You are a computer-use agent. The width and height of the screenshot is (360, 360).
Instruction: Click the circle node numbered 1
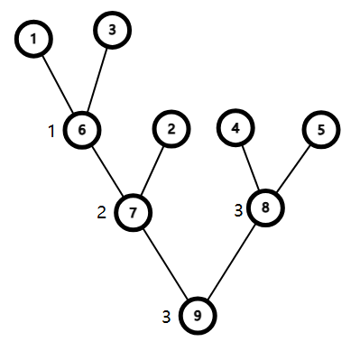pyautogui.click(x=34, y=40)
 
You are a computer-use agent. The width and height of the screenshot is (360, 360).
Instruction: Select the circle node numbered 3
pyautogui.click(x=112, y=30)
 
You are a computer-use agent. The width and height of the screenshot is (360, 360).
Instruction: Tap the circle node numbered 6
pyautogui.click(x=82, y=129)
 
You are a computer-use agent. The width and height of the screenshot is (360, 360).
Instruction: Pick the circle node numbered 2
pyautogui.click(x=171, y=129)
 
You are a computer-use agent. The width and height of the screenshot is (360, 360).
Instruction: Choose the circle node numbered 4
pyautogui.click(x=235, y=129)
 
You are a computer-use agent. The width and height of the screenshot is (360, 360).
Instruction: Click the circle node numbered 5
pyautogui.click(x=320, y=129)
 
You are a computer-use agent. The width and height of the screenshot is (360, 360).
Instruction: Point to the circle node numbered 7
pyautogui.click(x=134, y=212)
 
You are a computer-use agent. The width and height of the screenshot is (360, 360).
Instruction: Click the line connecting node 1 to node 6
pyautogui.click(x=58, y=84)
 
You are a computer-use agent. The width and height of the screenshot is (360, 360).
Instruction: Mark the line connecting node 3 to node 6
pyautogui.click(x=97, y=78)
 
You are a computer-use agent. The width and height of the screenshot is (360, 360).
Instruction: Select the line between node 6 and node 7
pyautogui.click(x=107, y=171)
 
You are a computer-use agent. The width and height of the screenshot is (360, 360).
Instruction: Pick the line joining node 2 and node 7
pyautogui.click(x=152, y=170)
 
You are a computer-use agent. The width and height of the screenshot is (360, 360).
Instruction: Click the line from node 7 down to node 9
pyautogui.click(x=166, y=264)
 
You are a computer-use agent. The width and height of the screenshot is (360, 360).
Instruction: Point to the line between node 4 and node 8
pyautogui.click(x=250, y=168)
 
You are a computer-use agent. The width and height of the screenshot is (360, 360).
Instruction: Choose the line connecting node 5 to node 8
pyautogui.click(x=293, y=168)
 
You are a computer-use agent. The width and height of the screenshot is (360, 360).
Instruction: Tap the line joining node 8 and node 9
pyautogui.click(x=232, y=262)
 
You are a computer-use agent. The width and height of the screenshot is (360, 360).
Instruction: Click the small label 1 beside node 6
pyautogui.click(x=52, y=131)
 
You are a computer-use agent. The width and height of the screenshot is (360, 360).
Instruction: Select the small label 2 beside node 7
pyautogui.click(x=102, y=213)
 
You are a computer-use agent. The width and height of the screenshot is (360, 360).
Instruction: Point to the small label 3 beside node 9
pyautogui.click(x=166, y=317)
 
